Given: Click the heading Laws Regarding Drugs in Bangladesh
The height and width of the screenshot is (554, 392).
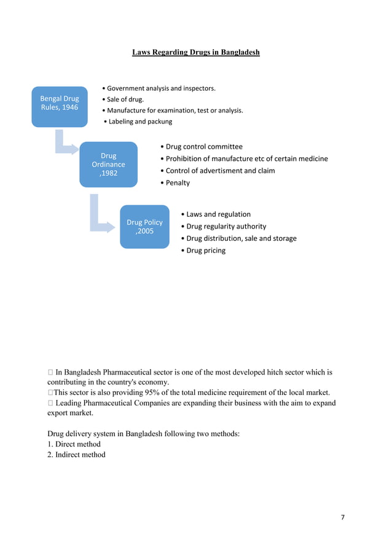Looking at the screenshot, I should tap(196, 52).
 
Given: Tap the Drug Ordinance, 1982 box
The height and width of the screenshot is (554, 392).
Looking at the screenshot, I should tap(108, 164).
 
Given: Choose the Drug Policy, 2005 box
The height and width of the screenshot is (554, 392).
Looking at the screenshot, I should tap(144, 227).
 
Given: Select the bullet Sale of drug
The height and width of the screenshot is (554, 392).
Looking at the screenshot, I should tap(125, 99).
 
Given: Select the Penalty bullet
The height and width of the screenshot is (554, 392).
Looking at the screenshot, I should tap(177, 183).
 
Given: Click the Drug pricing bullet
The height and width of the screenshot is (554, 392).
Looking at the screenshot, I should tap(206, 251).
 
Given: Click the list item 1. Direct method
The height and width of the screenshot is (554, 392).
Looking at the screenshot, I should tap(74, 444).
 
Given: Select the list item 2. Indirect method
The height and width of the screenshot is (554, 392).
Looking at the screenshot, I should tap(76, 455).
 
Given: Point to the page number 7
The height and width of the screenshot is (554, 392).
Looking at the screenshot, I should tap(343, 517).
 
